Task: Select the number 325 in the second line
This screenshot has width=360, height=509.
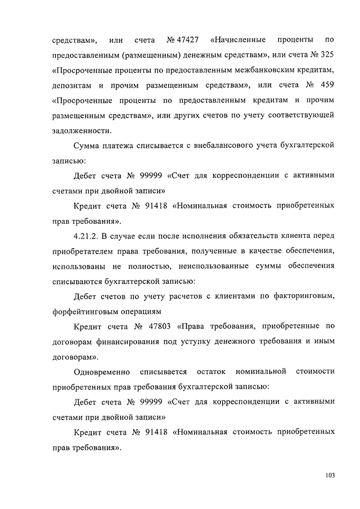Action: pyautogui.click(x=328, y=56)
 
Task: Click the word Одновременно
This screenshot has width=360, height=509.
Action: pyautogui.click(x=102, y=371)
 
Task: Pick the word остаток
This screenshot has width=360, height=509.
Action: pyautogui.click(x=211, y=371)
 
